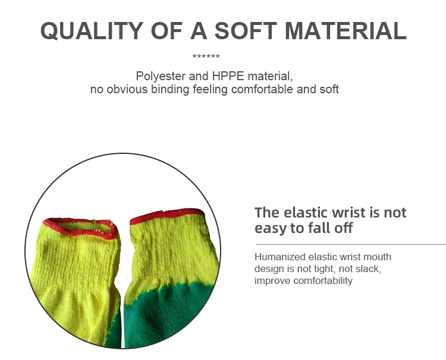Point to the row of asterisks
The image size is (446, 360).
206,57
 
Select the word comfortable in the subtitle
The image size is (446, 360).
262,90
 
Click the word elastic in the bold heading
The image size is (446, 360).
305,212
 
